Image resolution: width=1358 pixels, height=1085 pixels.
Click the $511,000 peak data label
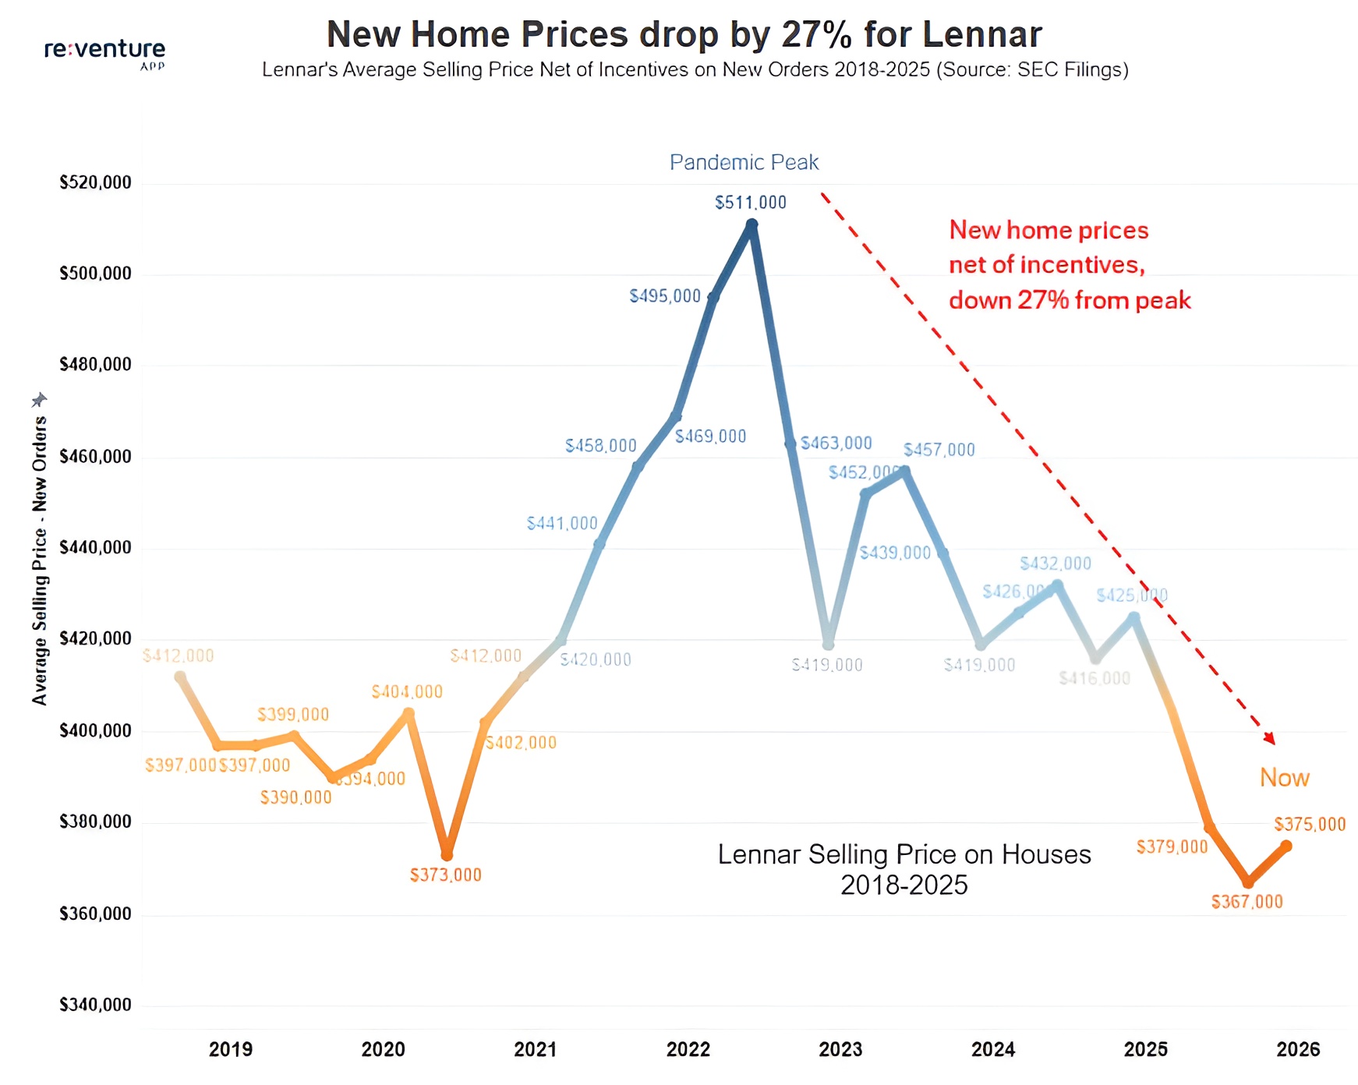(750, 203)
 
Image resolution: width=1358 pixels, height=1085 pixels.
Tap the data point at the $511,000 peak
(751, 225)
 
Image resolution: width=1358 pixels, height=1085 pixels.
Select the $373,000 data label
(446, 875)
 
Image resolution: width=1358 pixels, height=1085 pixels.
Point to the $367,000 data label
(1247, 903)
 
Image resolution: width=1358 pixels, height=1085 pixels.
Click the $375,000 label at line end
(1310, 825)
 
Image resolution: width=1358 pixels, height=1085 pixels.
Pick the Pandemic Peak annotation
(744, 162)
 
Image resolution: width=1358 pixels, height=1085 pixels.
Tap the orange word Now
(1284, 778)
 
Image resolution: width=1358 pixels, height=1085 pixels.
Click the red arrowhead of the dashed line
(1270, 738)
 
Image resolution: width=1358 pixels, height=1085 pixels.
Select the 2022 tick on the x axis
(688, 1050)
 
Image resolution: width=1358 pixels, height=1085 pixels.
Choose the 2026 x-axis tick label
(1298, 1050)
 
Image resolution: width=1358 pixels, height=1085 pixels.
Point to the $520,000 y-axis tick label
(95, 183)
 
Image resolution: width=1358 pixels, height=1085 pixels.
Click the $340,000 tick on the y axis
(95, 1005)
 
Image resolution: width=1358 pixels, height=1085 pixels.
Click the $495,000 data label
(665, 296)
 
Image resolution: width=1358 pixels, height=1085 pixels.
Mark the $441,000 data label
(561, 524)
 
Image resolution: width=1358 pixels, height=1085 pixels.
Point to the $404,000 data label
(406, 692)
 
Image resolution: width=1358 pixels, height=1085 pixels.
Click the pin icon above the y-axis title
(39, 400)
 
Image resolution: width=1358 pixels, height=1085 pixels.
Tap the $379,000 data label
(1171, 847)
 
